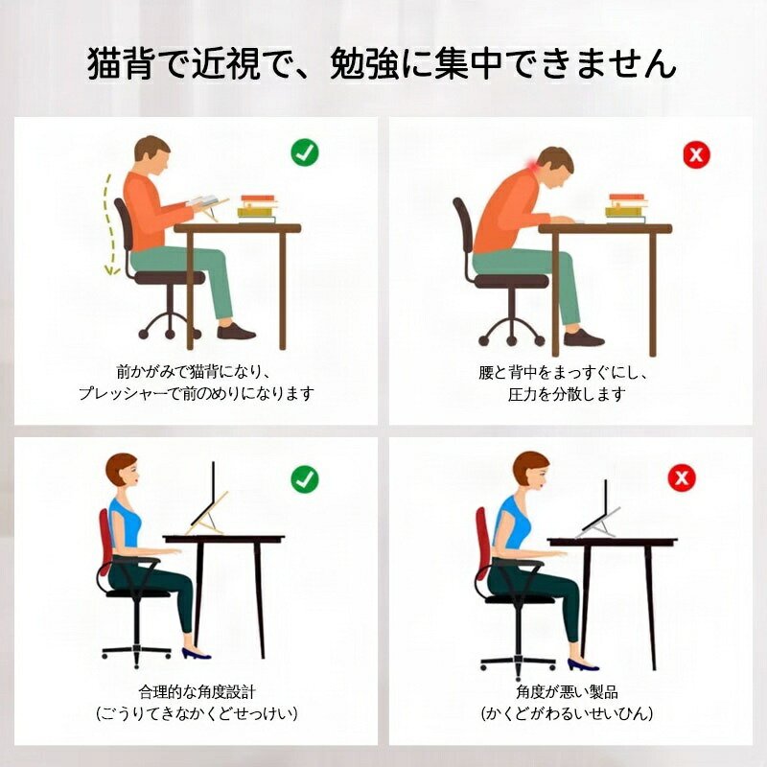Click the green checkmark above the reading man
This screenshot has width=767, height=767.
coord(305,152)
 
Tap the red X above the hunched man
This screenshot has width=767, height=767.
coord(696,155)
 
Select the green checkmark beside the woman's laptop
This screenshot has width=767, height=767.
coord(305,478)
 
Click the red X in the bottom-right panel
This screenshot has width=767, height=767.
coord(682,477)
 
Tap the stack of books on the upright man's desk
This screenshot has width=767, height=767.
coord(257,209)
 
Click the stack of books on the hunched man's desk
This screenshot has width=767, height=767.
coord(627,208)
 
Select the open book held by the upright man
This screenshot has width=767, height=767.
coord(203,200)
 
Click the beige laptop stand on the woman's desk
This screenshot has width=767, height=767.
coord(207,515)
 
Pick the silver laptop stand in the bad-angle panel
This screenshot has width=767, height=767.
coord(597,523)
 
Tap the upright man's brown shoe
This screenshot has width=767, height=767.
coord(236,332)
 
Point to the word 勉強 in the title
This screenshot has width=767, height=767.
coord(364,63)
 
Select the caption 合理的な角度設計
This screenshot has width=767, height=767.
coord(197,691)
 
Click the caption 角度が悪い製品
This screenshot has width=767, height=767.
coord(567,691)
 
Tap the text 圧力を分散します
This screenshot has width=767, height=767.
coord(567,394)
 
